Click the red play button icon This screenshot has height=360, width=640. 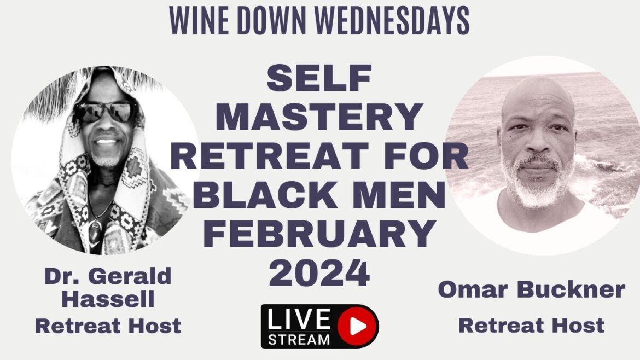[x=358, y=326]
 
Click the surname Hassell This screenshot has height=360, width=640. [x=107, y=299]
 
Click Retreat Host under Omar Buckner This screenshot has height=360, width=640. [x=531, y=325]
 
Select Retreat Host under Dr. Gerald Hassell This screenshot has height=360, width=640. [x=108, y=326]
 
